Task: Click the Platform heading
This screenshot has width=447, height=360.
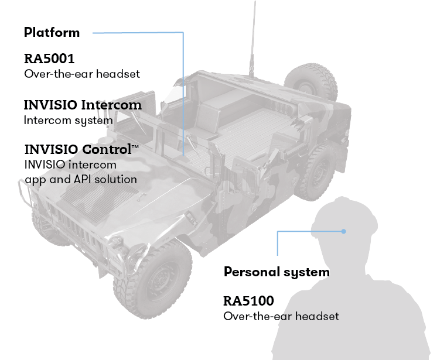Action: pos(52,32)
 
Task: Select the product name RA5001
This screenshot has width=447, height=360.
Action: pos(49,59)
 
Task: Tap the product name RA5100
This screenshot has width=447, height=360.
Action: pos(248,301)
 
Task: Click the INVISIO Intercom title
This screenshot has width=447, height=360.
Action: pos(83,105)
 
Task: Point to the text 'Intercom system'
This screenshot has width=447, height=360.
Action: pos(68,120)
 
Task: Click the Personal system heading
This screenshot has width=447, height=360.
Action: pos(277,272)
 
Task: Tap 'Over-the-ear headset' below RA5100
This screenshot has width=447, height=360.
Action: pos(281,316)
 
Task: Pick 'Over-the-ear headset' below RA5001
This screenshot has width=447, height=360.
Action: pos(82,74)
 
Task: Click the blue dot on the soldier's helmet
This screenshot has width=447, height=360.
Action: pos(344,232)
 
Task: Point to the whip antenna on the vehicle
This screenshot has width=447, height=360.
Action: pos(254,35)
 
